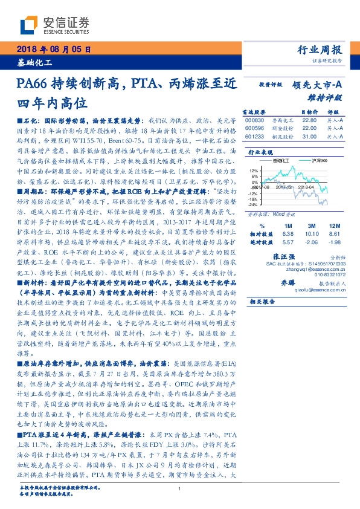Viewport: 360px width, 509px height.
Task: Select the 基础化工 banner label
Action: click(34, 62)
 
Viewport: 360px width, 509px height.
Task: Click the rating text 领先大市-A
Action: click(317, 86)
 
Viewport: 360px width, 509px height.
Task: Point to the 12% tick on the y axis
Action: click(252, 171)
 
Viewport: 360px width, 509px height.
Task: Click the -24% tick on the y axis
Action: click(252, 204)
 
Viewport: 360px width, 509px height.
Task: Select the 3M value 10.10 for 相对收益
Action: click(312, 233)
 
